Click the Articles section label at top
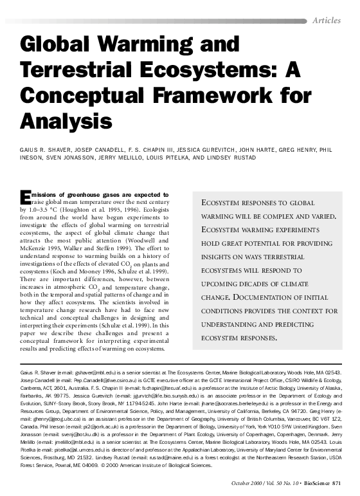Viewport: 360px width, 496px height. (326, 21)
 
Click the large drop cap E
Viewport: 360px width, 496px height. (26, 197)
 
